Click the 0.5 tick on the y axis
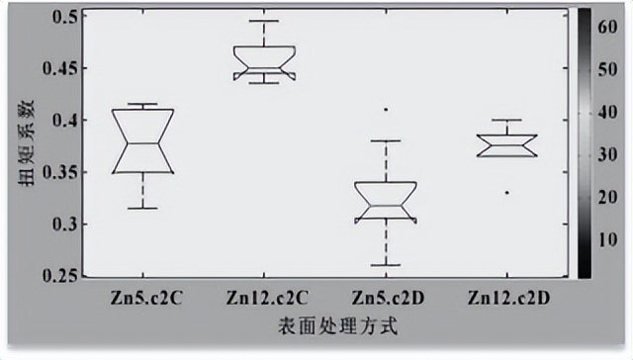63,18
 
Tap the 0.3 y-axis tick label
63,224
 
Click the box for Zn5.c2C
143,141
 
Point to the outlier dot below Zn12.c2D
507,192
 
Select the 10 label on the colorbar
606,238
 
